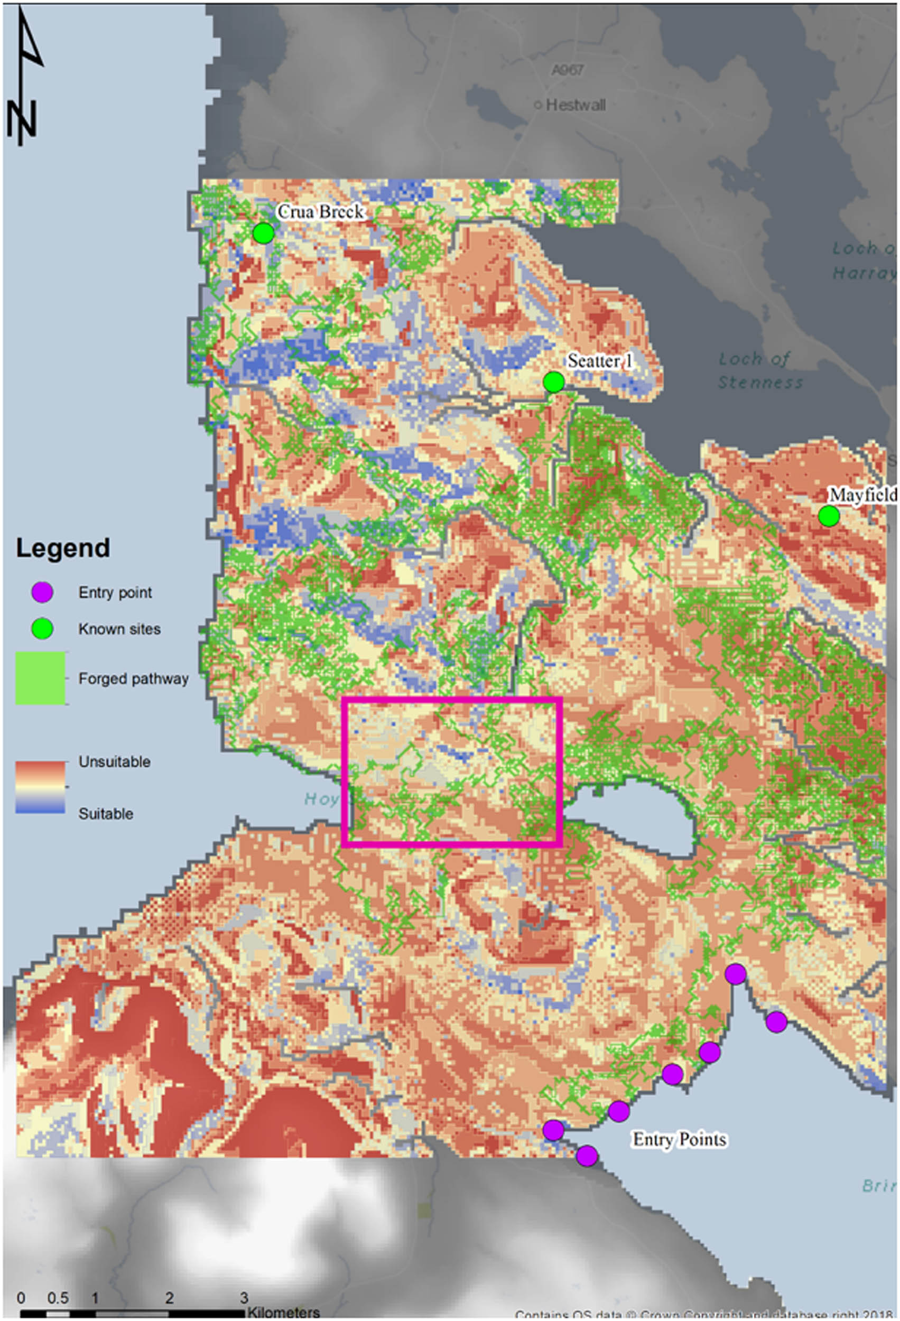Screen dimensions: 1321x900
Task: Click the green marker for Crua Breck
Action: click(x=263, y=233)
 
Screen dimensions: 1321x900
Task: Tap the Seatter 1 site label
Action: click(x=599, y=361)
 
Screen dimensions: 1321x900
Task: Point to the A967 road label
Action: click(x=567, y=70)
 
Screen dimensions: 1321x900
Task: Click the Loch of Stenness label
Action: click(x=759, y=370)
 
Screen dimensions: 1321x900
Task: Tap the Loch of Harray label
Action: click(x=864, y=261)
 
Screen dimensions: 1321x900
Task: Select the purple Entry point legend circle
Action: click(x=42, y=592)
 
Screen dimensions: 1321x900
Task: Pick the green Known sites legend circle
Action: click(x=42, y=629)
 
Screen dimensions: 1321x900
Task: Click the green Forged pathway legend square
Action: click(x=40, y=678)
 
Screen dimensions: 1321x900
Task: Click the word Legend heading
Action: click(x=62, y=548)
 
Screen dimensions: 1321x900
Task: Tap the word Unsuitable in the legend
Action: click(x=114, y=761)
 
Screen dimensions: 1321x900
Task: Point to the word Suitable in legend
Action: click(x=106, y=813)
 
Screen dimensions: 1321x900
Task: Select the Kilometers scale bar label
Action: click(x=283, y=1313)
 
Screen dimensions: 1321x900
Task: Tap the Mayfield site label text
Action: click(x=862, y=495)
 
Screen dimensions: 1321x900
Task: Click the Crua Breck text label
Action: click(x=321, y=211)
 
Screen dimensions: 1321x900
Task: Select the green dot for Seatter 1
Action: click(x=553, y=383)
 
